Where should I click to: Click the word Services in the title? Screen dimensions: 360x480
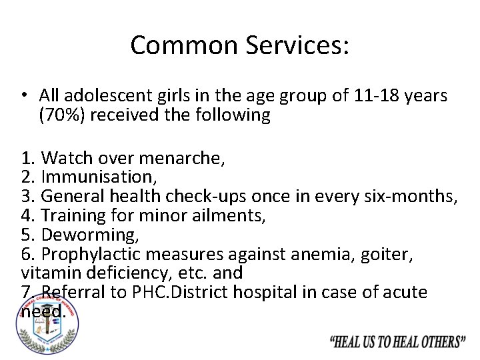[297, 45]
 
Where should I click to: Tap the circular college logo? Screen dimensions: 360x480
[47, 325]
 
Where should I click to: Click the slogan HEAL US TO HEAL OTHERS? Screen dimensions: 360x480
[398, 342]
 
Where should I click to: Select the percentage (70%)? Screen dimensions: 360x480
[62, 115]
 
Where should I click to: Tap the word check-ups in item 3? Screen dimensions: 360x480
[201, 197]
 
